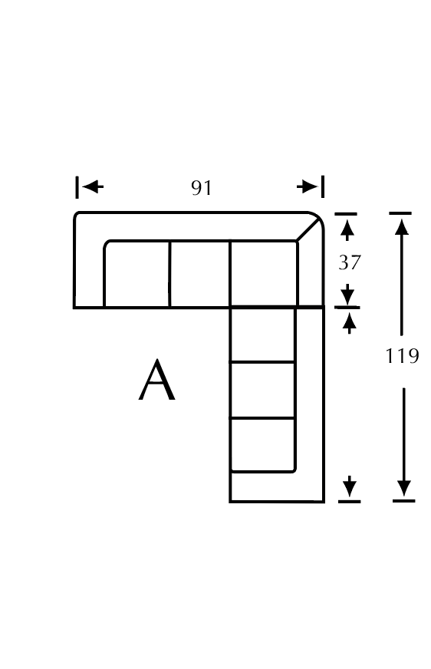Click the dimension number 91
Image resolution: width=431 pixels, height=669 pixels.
coord(201,188)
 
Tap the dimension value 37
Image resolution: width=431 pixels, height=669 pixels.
coord(350,262)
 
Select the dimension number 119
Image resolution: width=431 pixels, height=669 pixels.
coord(402,355)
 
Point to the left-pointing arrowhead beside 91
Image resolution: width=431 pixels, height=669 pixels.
coord(93,186)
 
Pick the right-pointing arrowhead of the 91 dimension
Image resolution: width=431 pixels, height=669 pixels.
coord(307,186)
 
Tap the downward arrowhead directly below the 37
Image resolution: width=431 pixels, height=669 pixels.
coord(347,294)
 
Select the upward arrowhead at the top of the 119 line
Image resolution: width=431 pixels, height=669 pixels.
coord(402,227)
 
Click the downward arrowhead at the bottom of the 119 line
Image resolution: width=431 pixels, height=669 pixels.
coord(403,488)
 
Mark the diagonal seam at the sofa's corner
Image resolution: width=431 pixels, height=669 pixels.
coord(308,231)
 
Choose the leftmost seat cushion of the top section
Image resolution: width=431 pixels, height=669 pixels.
coord(137,274)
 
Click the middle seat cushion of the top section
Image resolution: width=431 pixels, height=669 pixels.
coord(199,274)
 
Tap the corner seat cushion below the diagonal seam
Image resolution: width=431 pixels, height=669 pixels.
coord(264,274)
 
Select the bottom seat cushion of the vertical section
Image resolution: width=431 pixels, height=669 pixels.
coord(262,445)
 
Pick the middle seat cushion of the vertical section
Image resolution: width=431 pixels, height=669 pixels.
coord(262,390)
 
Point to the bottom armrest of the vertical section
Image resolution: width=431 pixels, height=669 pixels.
coord(277,487)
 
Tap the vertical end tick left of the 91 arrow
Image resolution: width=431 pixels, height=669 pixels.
coord(77,187)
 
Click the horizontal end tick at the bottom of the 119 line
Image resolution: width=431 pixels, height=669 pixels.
coord(403,500)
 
